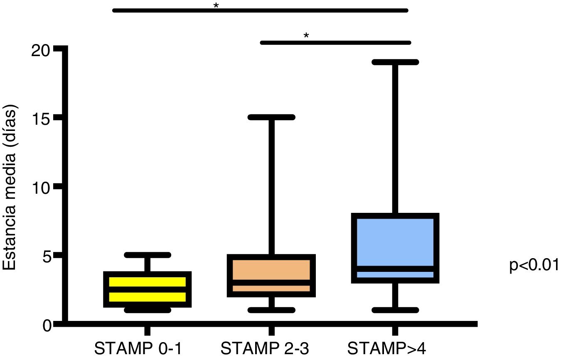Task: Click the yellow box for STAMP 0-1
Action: click(x=147, y=289)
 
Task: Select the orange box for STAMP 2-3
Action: click(x=271, y=275)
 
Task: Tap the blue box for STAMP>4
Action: click(x=395, y=248)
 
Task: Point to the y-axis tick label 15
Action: click(x=41, y=118)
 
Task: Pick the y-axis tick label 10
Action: click(x=40, y=187)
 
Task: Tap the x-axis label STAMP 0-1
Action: click(x=138, y=348)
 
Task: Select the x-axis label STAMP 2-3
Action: click(x=265, y=348)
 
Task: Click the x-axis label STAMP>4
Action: click(x=386, y=348)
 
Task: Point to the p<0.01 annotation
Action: click(x=534, y=265)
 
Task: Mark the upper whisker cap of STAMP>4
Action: click(x=395, y=62)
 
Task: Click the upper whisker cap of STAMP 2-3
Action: click(x=271, y=117)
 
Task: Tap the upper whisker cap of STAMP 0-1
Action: click(x=147, y=255)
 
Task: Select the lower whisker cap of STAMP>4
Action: click(x=395, y=310)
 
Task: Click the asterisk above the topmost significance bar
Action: click(x=216, y=6)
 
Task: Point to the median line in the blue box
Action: click(x=395, y=269)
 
